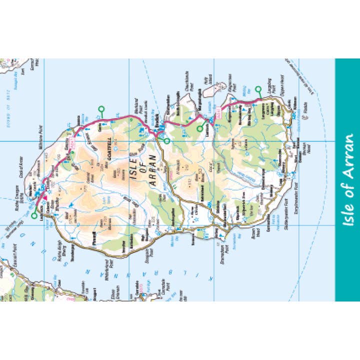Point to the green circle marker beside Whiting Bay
click(x=258, y=89)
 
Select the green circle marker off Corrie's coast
click(x=101, y=109)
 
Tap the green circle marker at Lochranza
click(x=34, y=216)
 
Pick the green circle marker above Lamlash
click(x=200, y=129)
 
